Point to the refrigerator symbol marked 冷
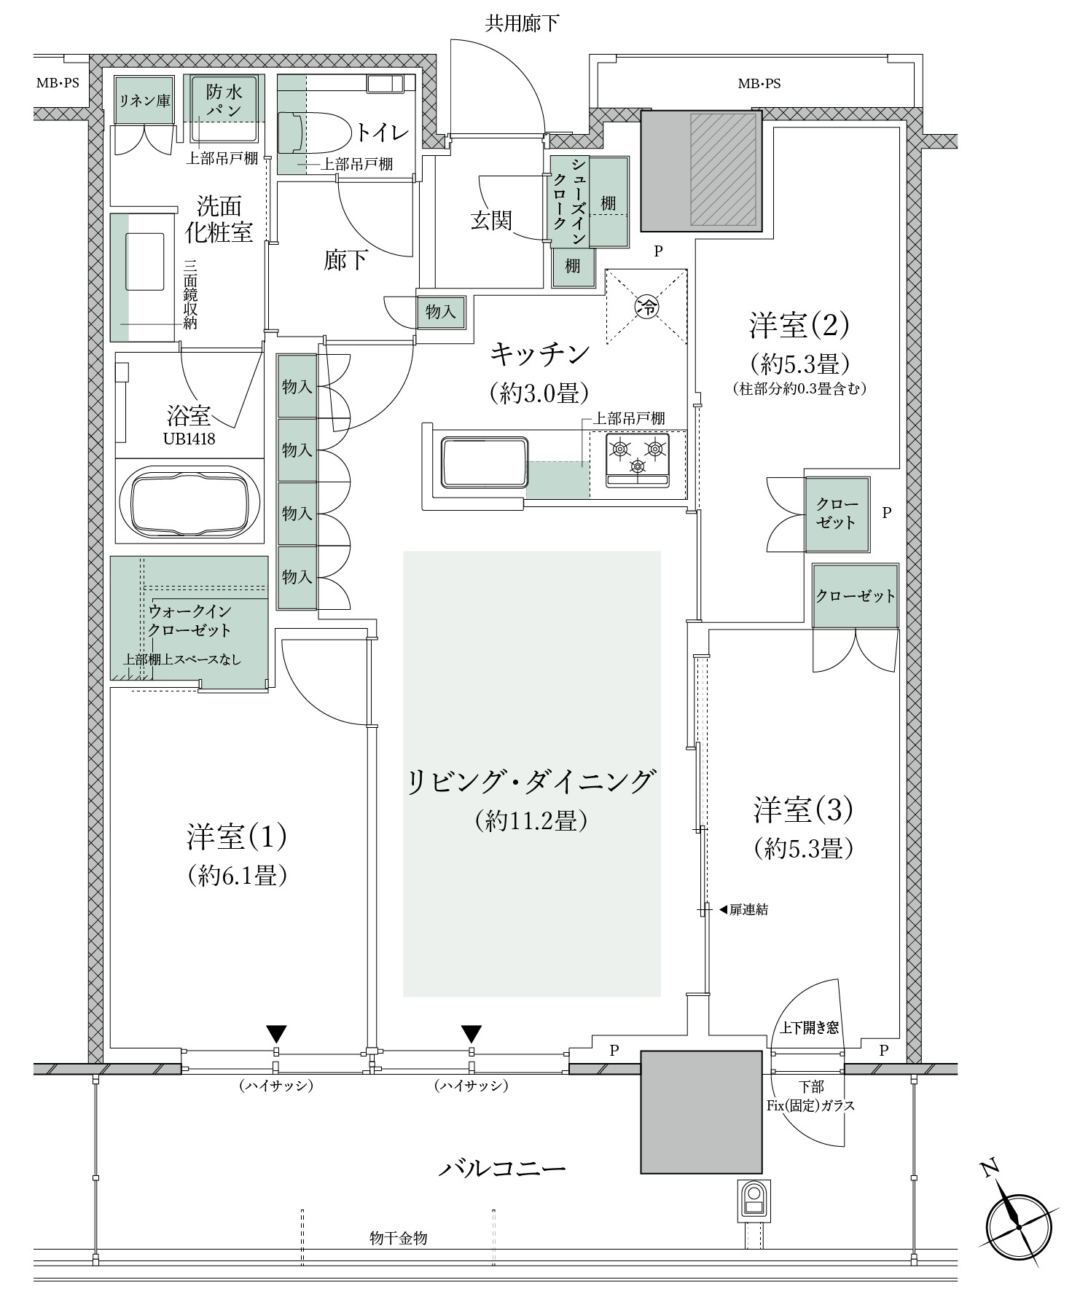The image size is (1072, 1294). pyautogui.click(x=646, y=306)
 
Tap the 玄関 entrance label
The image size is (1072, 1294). pyautogui.click(x=490, y=220)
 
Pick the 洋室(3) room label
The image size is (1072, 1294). pyautogui.click(x=803, y=809)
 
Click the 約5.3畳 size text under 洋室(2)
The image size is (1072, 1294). pyautogui.click(x=799, y=362)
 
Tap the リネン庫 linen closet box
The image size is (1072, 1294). pyautogui.click(x=144, y=100)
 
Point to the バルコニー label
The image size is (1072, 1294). pyautogui.click(x=502, y=1169)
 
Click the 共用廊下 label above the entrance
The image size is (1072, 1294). pyautogui.click(x=522, y=24)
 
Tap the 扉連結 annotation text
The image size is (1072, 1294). pyautogui.click(x=748, y=909)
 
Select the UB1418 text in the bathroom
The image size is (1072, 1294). pyautogui.click(x=189, y=439)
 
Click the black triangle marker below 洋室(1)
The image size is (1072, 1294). pyautogui.click(x=276, y=1034)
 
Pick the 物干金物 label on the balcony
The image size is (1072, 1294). pyautogui.click(x=398, y=1238)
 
